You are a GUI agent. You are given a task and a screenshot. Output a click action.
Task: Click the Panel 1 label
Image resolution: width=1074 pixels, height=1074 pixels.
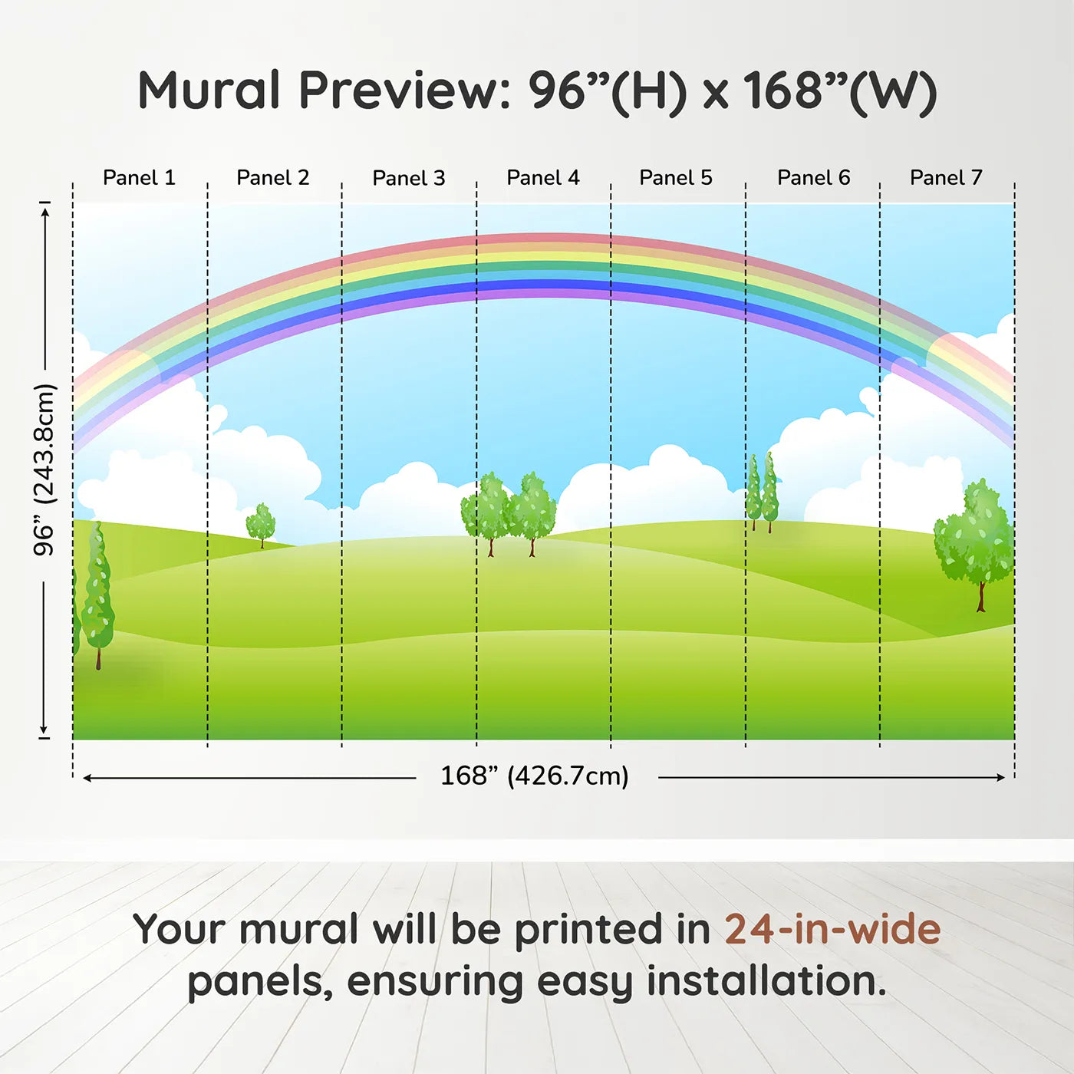[x=140, y=178]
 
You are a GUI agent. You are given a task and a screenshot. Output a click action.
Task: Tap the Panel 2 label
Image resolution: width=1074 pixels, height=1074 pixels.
[x=273, y=178]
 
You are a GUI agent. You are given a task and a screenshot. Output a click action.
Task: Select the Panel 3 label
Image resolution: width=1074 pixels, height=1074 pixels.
[x=409, y=178]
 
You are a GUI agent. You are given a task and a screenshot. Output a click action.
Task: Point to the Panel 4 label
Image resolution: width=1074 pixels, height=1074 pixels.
[x=543, y=178]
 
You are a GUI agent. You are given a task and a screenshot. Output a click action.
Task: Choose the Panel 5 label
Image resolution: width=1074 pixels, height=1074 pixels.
[x=676, y=178]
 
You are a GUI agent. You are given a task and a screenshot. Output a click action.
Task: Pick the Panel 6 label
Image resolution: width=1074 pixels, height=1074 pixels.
[x=814, y=178]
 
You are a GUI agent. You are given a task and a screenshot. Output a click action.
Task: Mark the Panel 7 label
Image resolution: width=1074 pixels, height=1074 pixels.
[x=947, y=178]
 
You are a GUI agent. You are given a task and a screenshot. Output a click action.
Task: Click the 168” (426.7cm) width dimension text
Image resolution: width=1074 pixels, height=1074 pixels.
[x=535, y=776]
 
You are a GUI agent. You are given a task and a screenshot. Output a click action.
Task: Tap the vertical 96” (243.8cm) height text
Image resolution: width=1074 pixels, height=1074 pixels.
[x=44, y=469]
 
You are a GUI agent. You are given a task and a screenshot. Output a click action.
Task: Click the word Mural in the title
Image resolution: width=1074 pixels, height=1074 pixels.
[x=209, y=91]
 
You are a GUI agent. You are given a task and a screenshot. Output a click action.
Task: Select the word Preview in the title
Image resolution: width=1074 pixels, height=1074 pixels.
[x=405, y=91]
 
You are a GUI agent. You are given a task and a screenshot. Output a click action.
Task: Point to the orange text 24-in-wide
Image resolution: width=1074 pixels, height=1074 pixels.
[x=832, y=929]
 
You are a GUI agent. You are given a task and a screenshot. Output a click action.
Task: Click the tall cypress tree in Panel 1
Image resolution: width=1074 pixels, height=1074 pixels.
[x=98, y=595]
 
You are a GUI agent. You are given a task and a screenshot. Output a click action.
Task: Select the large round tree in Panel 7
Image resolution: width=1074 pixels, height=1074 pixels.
[x=974, y=543]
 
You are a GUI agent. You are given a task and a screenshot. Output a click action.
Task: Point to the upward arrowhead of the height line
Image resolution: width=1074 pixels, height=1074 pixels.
[x=47, y=211]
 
